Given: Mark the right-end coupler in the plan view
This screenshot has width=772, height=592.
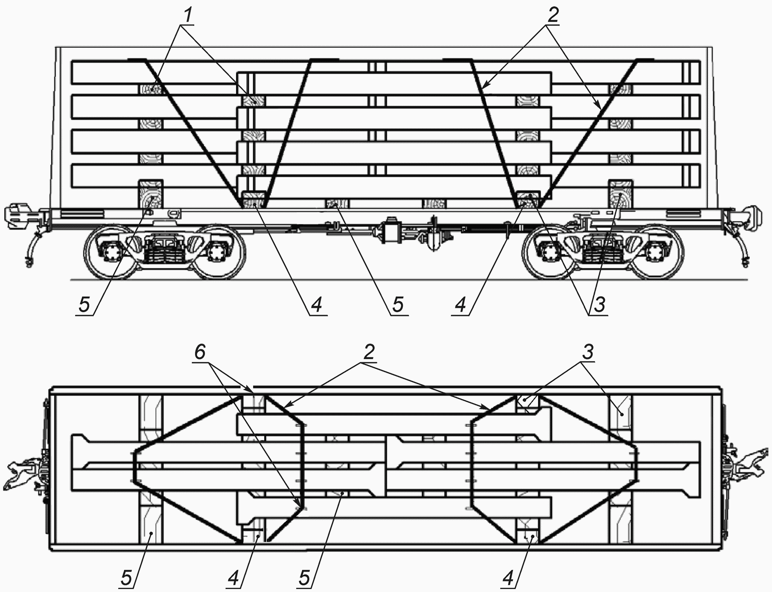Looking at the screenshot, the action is tap(747, 467).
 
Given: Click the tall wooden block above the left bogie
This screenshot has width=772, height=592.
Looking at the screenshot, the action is tap(151, 194).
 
